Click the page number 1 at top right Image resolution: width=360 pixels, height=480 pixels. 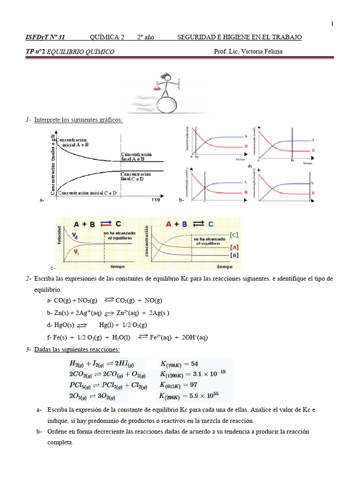[x=332, y=24]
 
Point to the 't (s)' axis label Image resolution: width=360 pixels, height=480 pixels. [x=156, y=199]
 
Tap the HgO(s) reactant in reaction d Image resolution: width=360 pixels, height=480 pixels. [x=64, y=325]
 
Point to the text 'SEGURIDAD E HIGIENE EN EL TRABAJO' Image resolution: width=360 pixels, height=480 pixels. [x=240, y=37]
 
